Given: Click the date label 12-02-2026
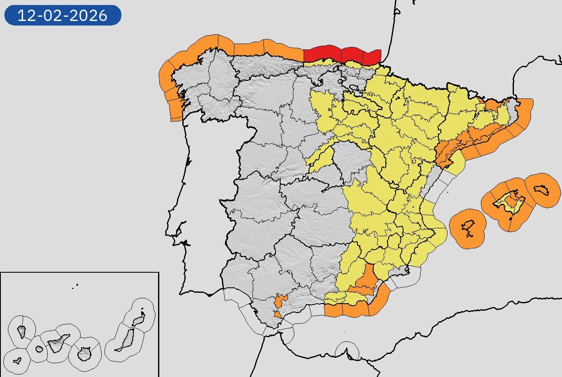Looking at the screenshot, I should click(63, 15).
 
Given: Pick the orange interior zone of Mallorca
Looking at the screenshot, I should click(511, 202).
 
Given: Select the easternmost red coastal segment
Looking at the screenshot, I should click(372, 57).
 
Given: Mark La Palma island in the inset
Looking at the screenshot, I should click(21, 332).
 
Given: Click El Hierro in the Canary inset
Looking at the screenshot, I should click(17, 360).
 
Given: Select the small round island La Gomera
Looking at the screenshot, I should click(39, 349).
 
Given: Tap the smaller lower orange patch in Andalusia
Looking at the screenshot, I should click(278, 314).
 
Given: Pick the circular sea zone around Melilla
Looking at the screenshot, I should click(347, 351).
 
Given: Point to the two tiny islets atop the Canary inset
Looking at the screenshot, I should click(75, 287).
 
